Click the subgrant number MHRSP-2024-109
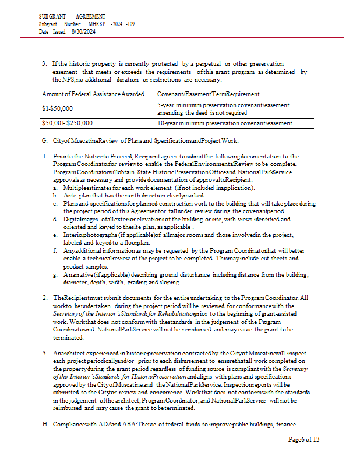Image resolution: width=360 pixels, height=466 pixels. tap(111, 24)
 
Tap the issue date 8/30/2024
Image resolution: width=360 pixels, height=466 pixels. tap(83, 31)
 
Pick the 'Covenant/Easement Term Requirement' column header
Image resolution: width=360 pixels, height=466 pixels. tap(209, 94)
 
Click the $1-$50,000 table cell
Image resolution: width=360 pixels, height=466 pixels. tap(57, 108)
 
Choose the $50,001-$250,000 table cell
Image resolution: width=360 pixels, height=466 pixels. tap(65, 123)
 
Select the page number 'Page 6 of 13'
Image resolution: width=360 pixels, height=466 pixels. tap(303, 439)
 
